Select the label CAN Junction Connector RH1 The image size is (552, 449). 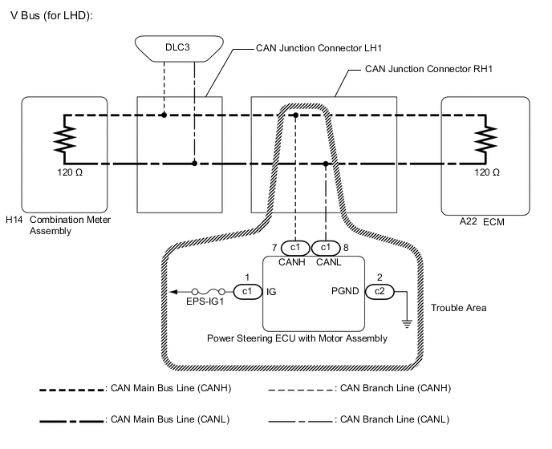(x=428, y=70)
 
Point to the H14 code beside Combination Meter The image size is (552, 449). (x=14, y=220)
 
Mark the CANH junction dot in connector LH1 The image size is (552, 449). (x=163, y=115)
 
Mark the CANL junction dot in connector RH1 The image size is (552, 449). (x=325, y=164)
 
